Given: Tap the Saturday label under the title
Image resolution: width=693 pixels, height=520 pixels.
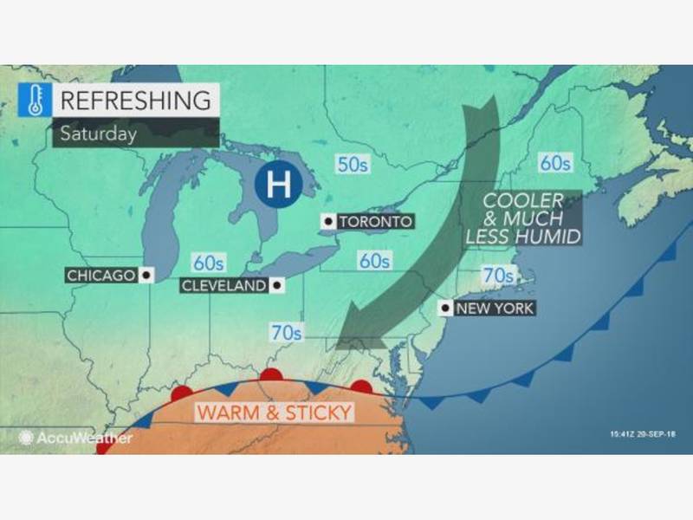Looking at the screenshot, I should click(x=99, y=133).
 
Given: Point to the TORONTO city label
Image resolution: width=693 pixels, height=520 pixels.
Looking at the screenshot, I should click(x=374, y=222).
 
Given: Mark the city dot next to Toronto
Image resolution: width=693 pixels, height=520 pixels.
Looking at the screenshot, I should click(x=327, y=222).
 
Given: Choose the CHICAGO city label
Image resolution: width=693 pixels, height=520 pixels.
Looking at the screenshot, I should click(x=100, y=276).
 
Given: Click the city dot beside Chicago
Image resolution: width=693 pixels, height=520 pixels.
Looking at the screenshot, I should click(x=145, y=276).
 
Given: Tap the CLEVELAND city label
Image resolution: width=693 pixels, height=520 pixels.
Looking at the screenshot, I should click(x=224, y=285).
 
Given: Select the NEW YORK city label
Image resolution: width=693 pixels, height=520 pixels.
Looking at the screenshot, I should click(x=495, y=308).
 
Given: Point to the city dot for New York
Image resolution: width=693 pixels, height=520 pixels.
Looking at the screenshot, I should click(x=444, y=308).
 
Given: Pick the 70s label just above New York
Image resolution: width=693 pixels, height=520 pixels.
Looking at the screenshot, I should click(x=497, y=276).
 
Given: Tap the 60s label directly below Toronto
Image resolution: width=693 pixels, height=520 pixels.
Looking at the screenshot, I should click(x=375, y=260).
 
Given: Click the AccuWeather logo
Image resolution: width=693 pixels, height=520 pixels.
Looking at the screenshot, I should click(x=75, y=438).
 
